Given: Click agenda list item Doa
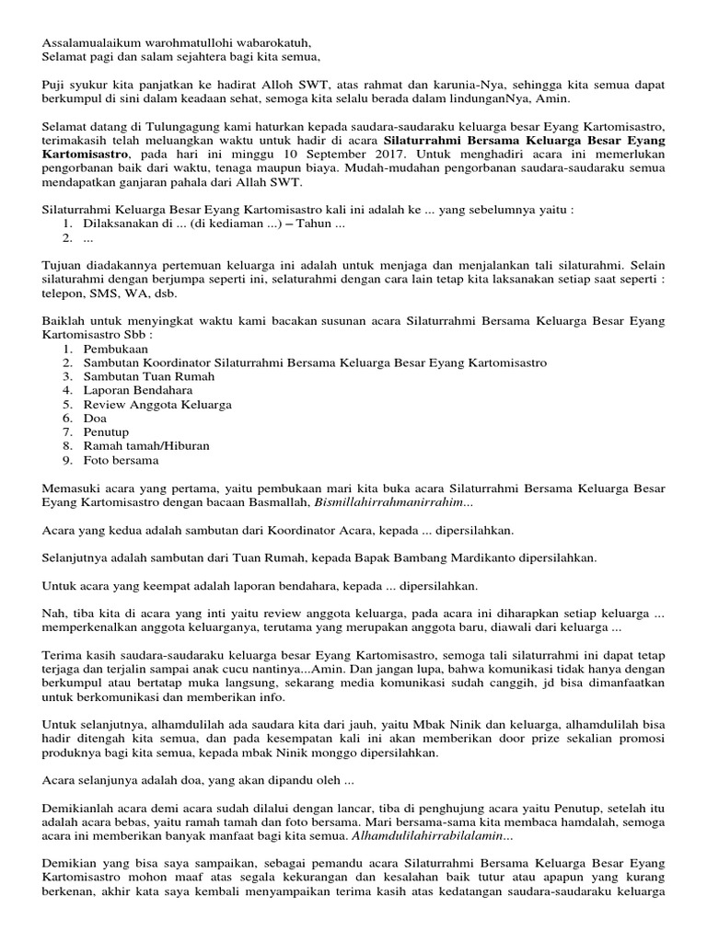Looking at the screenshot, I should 95,418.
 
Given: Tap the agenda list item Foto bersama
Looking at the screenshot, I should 121,460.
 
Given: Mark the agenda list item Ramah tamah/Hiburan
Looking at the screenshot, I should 146,446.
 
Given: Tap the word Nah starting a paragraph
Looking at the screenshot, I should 53,613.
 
